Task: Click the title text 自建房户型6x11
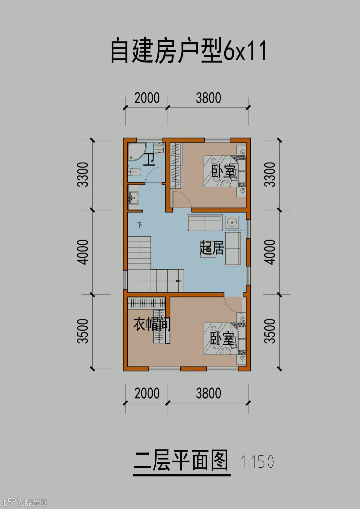click(188, 51)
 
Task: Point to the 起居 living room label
click(212, 248)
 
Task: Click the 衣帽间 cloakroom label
click(152, 324)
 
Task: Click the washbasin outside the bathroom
click(133, 197)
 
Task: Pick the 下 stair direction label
click(140, 225)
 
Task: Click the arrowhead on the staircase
click(180, 281)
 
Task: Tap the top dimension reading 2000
click(147, 98)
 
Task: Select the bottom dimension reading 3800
click(209, 393)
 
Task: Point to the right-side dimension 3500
click(270, 331)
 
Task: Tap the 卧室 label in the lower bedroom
click(222, 338)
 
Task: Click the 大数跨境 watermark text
click(32, 502)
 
